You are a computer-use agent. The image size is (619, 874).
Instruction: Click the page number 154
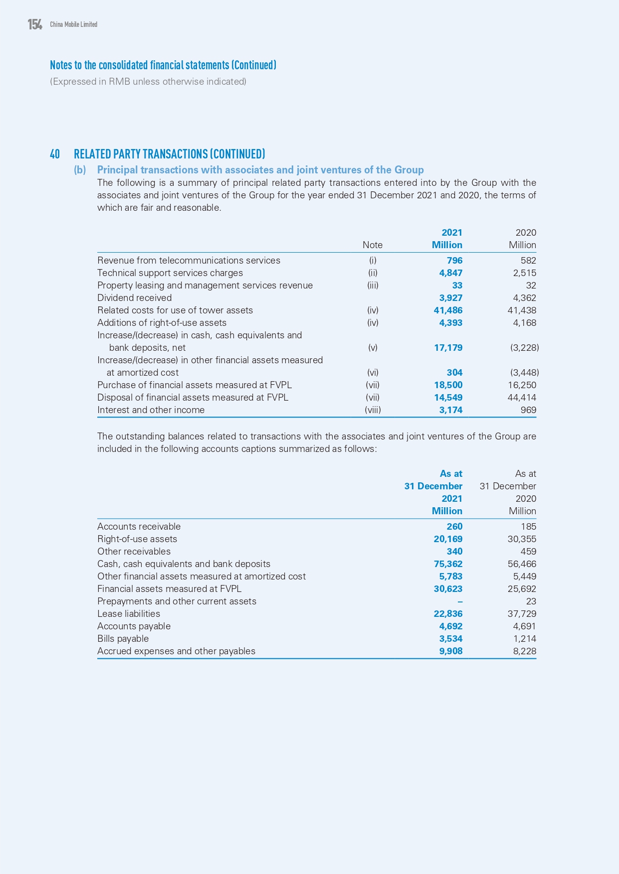pyautogui.click(x=35, y=24)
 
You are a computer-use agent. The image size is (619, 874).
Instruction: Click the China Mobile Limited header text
pyautogui.click(x=73, y=24)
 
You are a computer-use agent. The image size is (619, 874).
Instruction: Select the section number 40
pyautogui.click(x=55, y=154)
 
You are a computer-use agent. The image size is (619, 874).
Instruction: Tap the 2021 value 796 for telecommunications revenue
pyautogui.click(x=454, y=261)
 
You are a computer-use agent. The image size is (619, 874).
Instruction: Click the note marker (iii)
pyautogui.click(x=373, y=286)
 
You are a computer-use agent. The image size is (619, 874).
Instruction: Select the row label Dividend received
pyautogui.click(x=134, y=298)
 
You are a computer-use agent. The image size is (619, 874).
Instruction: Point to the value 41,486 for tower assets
pyautogui.click(x=448, y=310)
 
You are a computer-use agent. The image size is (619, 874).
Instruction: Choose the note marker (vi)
pyautogui.click(x=373, y=373)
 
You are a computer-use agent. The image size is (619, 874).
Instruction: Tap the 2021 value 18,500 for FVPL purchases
pyautogui.click(x=448, y=385)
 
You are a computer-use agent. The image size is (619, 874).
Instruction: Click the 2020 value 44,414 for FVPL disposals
pyautogui.click(x=521, y=398)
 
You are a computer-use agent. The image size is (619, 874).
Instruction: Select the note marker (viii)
pyautogui.click(x=373, y=410)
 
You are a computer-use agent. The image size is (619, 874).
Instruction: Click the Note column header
pyautogui.click(x=373, y=245)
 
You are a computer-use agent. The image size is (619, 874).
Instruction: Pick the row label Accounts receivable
pyautogui.click(x=139, y=527)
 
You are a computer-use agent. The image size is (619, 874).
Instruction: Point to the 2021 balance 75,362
pyautogui.click(x=448, y=564)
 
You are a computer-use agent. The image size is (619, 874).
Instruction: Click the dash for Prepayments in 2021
pyautogui.click(x=460, y=601)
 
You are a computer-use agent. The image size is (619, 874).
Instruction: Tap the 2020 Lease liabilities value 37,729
pyautogui.click(x=522, y=614)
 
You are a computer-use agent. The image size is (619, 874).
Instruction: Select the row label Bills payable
pyautogui.click(x=123, y=639)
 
